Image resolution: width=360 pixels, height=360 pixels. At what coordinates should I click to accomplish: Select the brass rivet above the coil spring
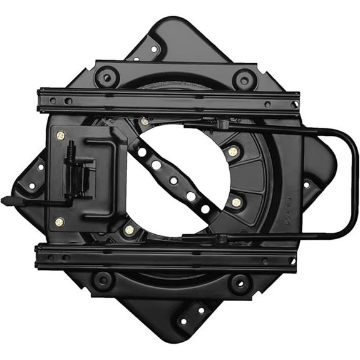pyautogui.click(x=61, y=136)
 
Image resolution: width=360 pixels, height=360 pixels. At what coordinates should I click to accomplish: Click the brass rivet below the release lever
pyautogui.click(x=59, y=222)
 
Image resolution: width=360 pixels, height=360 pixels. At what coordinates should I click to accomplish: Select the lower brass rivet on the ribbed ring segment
pyautogui.click(x=236, y=202)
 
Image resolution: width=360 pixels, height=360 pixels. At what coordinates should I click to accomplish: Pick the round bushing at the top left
pyautogui.click(x=107, y=78)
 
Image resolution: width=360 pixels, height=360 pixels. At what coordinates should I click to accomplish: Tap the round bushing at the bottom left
pyautogui.click(x=104, y=280)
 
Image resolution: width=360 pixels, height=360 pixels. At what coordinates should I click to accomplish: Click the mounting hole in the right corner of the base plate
pyautogui.click(x=307, y=185)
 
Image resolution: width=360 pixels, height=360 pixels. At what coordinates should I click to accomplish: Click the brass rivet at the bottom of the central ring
pyautogui.click(x=129, y=230)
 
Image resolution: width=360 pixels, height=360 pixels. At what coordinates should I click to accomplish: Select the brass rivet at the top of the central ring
pyautogui.click(x=145, y=121)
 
